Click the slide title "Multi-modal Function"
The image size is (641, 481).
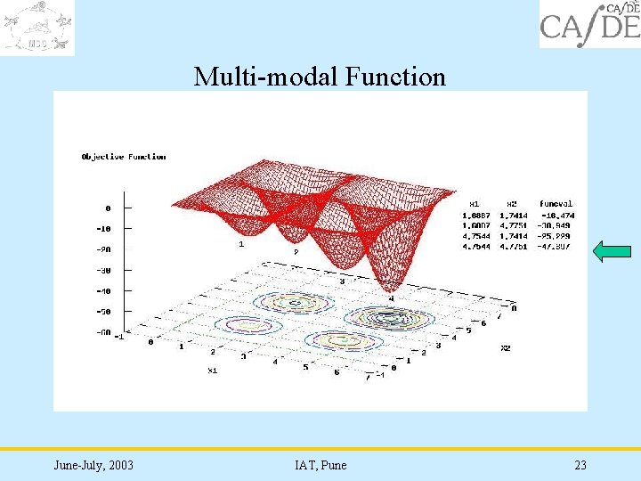coord(320,77)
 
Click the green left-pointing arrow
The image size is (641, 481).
coord(611,253)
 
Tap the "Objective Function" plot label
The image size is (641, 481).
coord(124,157)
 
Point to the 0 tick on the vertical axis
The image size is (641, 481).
coord(108,208)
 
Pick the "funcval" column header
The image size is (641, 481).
coord(556,204)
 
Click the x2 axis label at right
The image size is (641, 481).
coord(505,347)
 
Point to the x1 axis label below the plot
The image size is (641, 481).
coord(213,370)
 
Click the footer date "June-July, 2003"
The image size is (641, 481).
coord(93,465)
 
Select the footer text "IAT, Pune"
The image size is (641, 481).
coord(320,465)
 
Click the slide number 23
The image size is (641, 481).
coord(580,465)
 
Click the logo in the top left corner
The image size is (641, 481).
coord(37,27)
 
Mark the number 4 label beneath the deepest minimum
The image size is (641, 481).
coord(390,298)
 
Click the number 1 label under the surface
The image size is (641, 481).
coord(240,243)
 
